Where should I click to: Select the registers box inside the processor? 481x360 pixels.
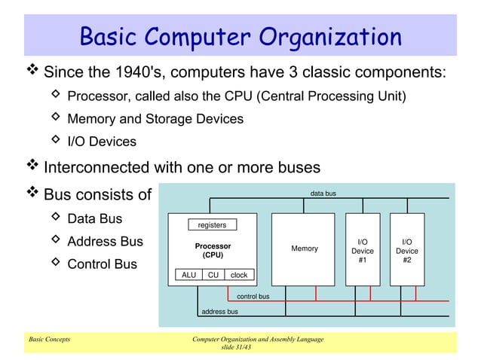[x=212, y=225]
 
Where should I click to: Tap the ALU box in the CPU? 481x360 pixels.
[x=188, y=275]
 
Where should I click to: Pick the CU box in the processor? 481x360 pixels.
[x=213, y=275]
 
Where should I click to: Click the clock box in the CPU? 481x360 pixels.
[x=239, y=275]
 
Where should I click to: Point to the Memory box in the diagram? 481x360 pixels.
[x=305, y=249]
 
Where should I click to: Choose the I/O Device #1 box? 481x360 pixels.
[x=363, y=250]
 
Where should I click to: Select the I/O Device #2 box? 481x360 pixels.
[x=407, y=250]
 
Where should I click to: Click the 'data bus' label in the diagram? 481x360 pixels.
[x=323, y=194]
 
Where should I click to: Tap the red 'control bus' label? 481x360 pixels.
[x=253, y=297]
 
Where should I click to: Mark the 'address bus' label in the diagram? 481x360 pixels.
[x=219, y=311]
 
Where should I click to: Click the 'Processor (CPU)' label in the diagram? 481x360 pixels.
[x=213, y=250]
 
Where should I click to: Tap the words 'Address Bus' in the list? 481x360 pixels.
[x=105, y=242]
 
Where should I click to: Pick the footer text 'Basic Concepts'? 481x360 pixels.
[x=49, y=340]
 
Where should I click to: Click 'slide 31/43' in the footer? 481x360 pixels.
[x=237, y=348]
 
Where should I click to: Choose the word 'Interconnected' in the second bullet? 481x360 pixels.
[x=94, y=166]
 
